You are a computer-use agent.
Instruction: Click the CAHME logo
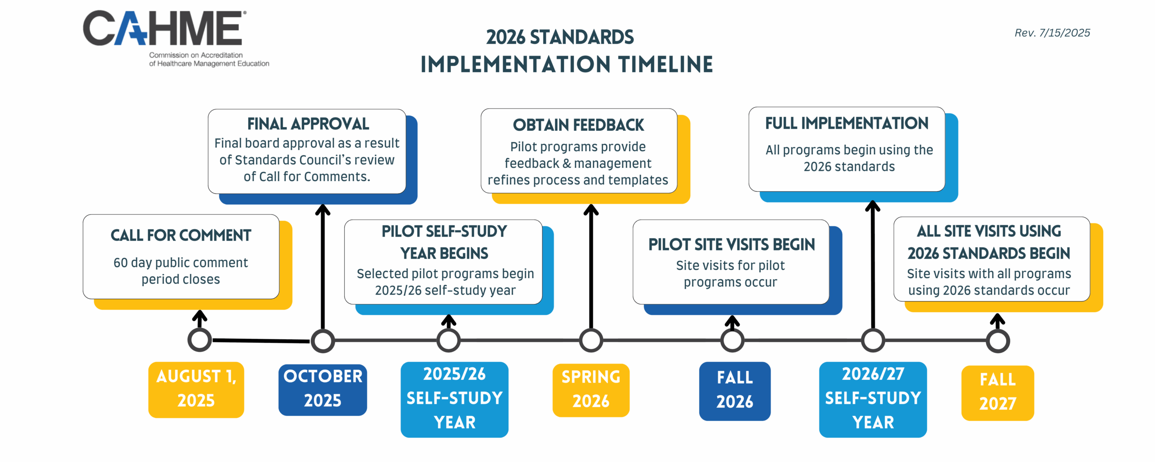click(176, 39)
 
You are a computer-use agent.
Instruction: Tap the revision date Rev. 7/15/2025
click(1052, 33)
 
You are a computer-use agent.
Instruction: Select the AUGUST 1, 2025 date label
click(196, 389)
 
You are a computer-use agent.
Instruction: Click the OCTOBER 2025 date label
click(323, 389)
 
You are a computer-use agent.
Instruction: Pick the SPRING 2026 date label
click(591, 390)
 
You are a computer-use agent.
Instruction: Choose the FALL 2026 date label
click(735, 391)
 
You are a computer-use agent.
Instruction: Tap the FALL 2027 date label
click(998, 393)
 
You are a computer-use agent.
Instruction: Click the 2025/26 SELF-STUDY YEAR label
click(454, 399)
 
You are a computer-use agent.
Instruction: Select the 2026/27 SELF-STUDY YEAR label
click(873, 399)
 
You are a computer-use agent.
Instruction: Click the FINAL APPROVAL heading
click(308, 124)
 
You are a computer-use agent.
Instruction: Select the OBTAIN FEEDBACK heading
click(578, 125)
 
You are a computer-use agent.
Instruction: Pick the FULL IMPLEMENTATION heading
click(847, 123)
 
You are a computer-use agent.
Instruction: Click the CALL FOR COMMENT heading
click(181, 235)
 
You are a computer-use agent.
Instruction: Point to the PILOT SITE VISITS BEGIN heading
click(731, 245)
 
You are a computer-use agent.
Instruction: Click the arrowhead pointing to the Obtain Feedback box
click(591, 209)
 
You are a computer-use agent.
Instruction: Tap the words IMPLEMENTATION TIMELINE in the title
click(567, 64)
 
